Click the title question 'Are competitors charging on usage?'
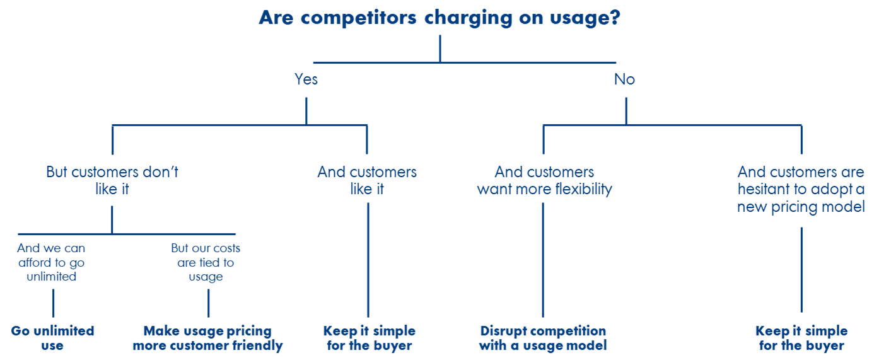440,18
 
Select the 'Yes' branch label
306,79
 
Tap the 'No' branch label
624,79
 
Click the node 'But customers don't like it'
112,180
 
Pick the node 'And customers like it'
367,180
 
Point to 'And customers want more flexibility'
544,180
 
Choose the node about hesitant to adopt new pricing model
801,189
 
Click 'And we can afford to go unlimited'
52,262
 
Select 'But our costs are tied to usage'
206,262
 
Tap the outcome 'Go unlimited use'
52,338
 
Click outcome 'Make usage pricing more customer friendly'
207,338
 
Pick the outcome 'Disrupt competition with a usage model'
542,338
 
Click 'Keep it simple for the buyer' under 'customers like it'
369,338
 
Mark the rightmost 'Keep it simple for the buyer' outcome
801,338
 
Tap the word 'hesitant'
762,189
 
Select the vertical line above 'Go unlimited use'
53,303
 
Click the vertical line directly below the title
440,48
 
